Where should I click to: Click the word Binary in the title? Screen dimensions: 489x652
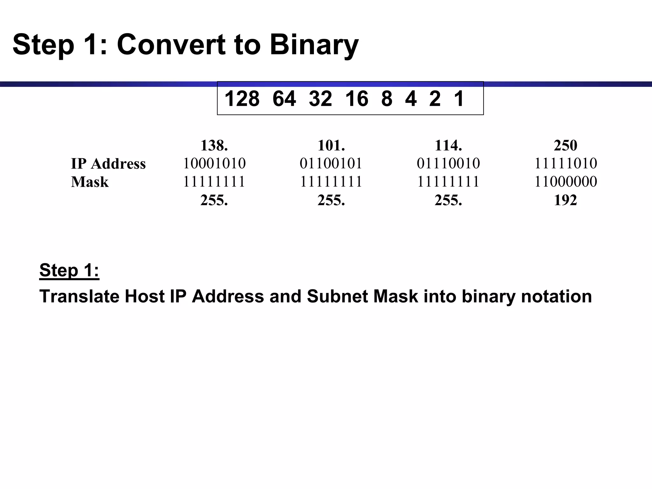coord(314,45)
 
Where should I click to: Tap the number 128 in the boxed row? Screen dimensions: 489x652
coord(242,99)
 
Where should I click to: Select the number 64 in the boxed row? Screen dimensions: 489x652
coord(284,99)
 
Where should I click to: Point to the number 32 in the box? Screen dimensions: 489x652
coord(320,99)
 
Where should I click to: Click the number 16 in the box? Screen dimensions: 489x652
coord(357,99)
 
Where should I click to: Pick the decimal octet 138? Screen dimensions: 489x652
coord(214,145)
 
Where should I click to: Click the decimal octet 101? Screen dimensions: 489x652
coord(331,145)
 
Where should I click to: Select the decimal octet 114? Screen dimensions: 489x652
coord(448,145)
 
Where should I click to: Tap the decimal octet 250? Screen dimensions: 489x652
coord(565,145)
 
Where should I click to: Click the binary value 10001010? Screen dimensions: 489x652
coord(214,164)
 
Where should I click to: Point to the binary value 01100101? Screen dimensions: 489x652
coord(331,164)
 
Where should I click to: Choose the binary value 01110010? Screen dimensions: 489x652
coord(448,164)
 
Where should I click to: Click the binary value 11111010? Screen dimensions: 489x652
coord(565,164)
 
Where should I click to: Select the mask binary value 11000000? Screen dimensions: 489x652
coord(565,182)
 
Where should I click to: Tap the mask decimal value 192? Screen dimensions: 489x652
coord(565,200)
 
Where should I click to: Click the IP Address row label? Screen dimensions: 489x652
coord(108,164)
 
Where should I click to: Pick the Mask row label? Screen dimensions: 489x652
coord(90,182)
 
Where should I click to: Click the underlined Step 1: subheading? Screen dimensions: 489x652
coord(69,271)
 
